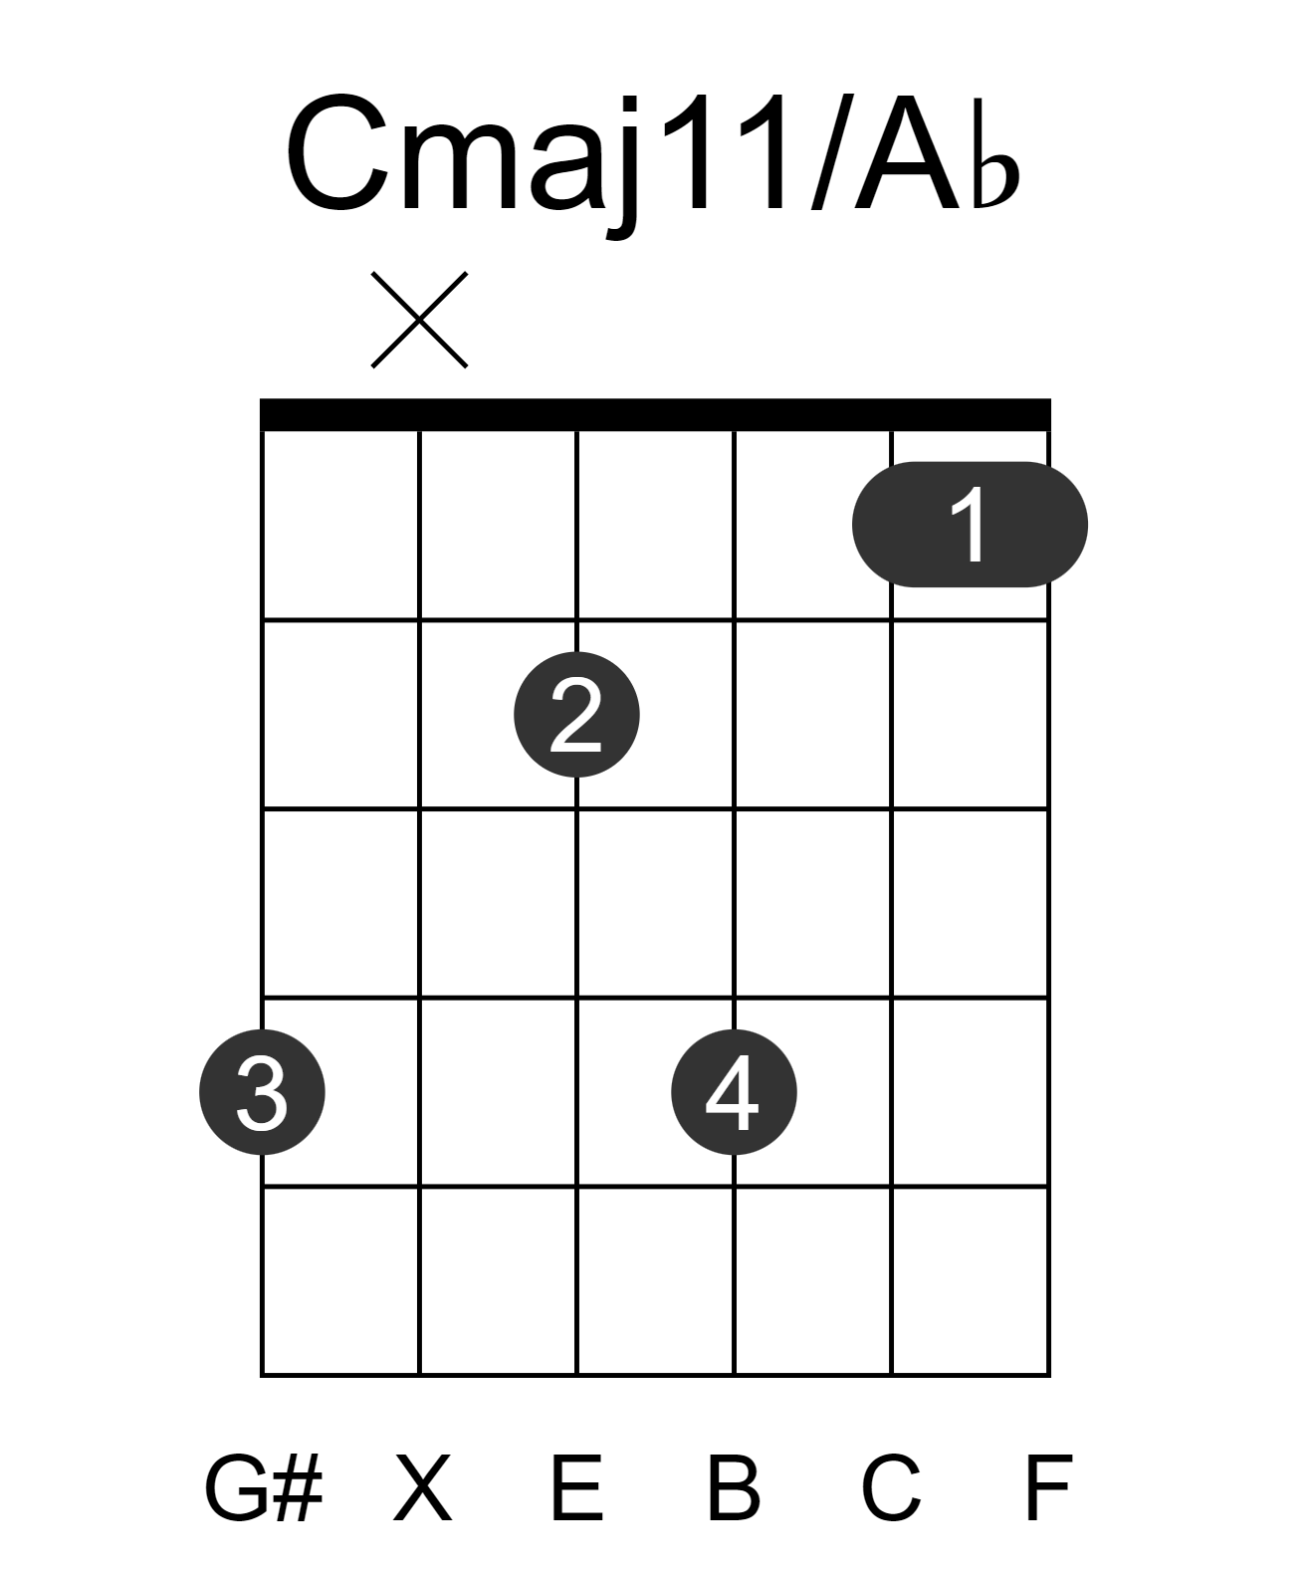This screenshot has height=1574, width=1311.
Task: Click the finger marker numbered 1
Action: click(x=970, y=524)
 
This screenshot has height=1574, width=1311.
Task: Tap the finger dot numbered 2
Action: click(x=576, y=714)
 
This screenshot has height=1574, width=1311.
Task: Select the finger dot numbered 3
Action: click(x=263, y=1092)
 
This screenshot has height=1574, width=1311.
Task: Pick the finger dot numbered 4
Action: click(x=735, y=1092)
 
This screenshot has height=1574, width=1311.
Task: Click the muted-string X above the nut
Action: click(x=420, y=320)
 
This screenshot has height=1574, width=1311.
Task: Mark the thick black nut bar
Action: click(x=655, y=414)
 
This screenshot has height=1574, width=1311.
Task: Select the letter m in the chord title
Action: click(x=460, y=166)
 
